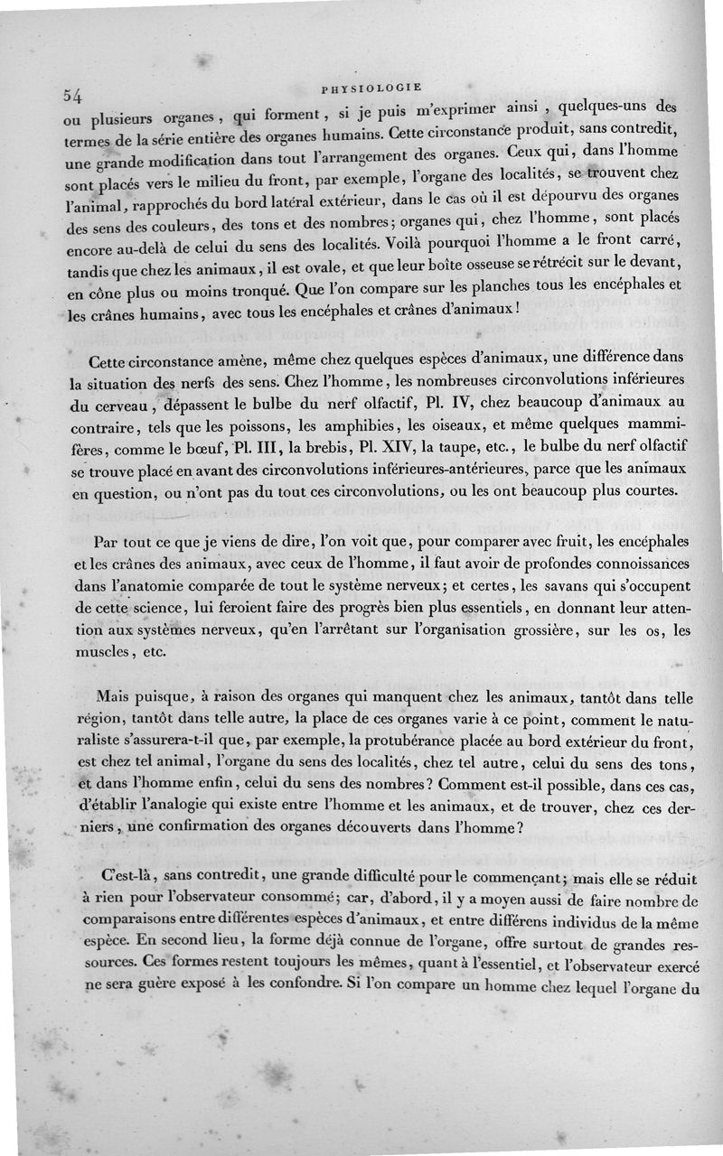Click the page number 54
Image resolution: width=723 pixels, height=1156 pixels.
[73, 95]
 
